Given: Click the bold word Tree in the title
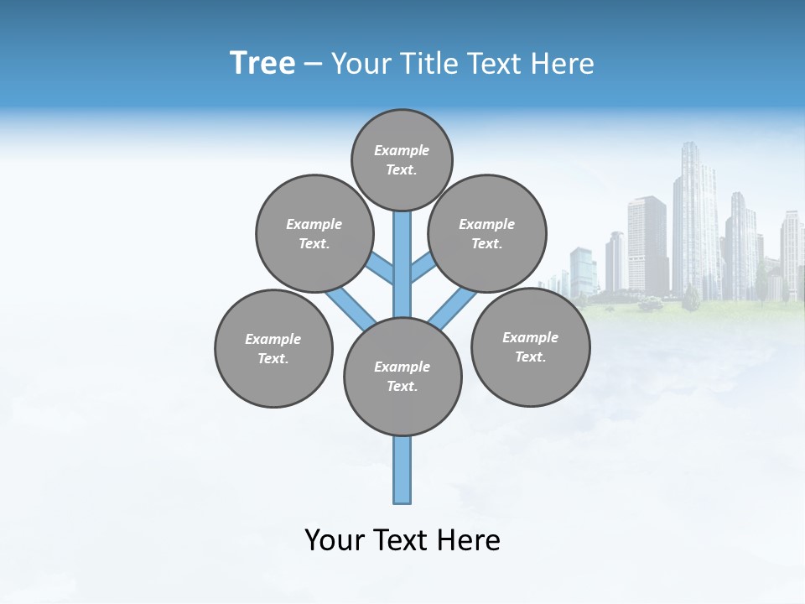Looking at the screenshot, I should [262, 63].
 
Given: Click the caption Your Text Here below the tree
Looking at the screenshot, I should [402, 540].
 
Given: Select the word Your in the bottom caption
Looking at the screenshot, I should [335, 540].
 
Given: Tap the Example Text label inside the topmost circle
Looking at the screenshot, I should [402, 160].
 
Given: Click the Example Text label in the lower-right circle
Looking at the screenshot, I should [530, 347].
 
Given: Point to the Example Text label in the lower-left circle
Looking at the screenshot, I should [273, 349].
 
